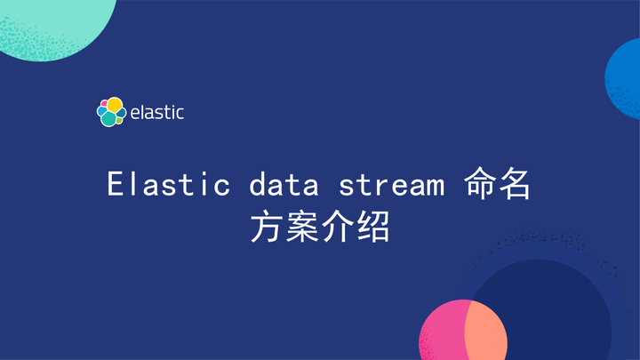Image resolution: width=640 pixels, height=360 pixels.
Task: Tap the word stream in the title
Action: click(x=391, y=185)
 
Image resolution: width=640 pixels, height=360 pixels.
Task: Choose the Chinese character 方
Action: click(x=266, y=228)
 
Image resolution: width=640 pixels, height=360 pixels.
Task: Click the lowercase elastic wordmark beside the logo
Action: click(x=157, y=113)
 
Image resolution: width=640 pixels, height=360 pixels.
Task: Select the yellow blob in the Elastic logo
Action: click(x=115, y=104)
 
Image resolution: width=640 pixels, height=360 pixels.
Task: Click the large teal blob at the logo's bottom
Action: click(x=108, y=118)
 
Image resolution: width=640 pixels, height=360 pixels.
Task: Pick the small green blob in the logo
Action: click(x=120, y=115)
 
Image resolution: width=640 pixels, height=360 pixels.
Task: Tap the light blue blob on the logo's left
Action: click(x=100, y=112)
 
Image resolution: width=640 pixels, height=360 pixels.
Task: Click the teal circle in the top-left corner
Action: click(x=53, y=22)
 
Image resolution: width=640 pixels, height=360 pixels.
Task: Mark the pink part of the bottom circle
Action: click(x=441, y=333)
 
